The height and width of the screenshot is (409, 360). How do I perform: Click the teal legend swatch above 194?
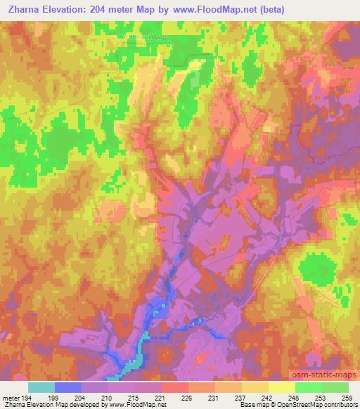pyautogui.click(x=41, y=387)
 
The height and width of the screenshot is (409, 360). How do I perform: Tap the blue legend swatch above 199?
pyautogui.click(x=68, y=387)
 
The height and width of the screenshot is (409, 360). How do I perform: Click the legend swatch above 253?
pyautogui.click(x=309, y=387)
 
